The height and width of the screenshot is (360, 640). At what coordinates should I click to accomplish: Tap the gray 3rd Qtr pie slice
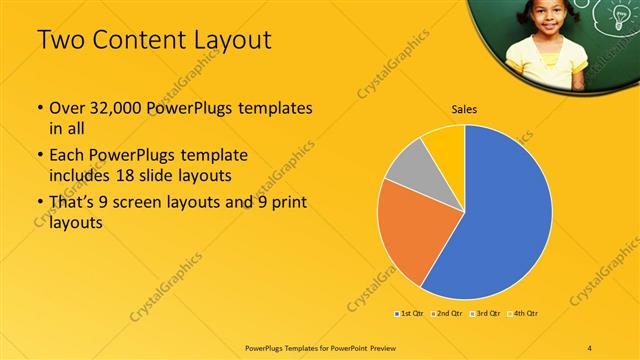(x=405, y=165)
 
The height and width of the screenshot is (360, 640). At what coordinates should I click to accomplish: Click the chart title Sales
(x=464, y=108)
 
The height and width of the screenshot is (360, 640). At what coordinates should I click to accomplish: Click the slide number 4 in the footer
(x=590, y=347)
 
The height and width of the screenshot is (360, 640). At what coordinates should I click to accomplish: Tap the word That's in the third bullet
(x=73, y=205)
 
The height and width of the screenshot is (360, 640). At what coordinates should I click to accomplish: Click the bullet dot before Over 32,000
(x=39, y=107)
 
